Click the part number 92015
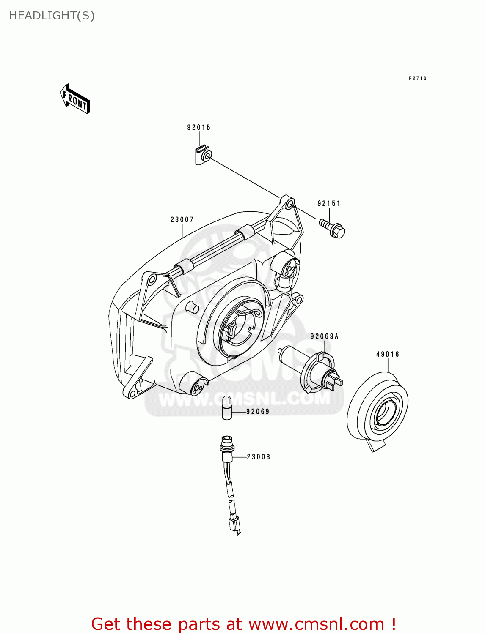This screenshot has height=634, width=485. click(x=198, y=127)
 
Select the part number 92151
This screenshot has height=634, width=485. click(x=329, y=203)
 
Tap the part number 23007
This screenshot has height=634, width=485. click(x=182, y=219)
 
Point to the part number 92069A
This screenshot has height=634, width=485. click(x=324, y=336)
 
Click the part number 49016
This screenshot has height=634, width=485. click(x=387, y=354)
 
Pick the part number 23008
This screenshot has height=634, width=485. click(x=258, y=457)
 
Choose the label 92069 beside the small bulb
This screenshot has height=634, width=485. click(x=257, y=411)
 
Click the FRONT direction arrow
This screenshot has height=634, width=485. click(x=75, y=99)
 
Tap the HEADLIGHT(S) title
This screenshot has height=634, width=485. click(x=52, y=16)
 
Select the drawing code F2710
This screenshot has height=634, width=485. click(x=417, y=78)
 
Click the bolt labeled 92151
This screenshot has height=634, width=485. click(x=333, y=228)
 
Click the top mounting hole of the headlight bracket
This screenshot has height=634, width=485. click(x=289, y=204)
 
